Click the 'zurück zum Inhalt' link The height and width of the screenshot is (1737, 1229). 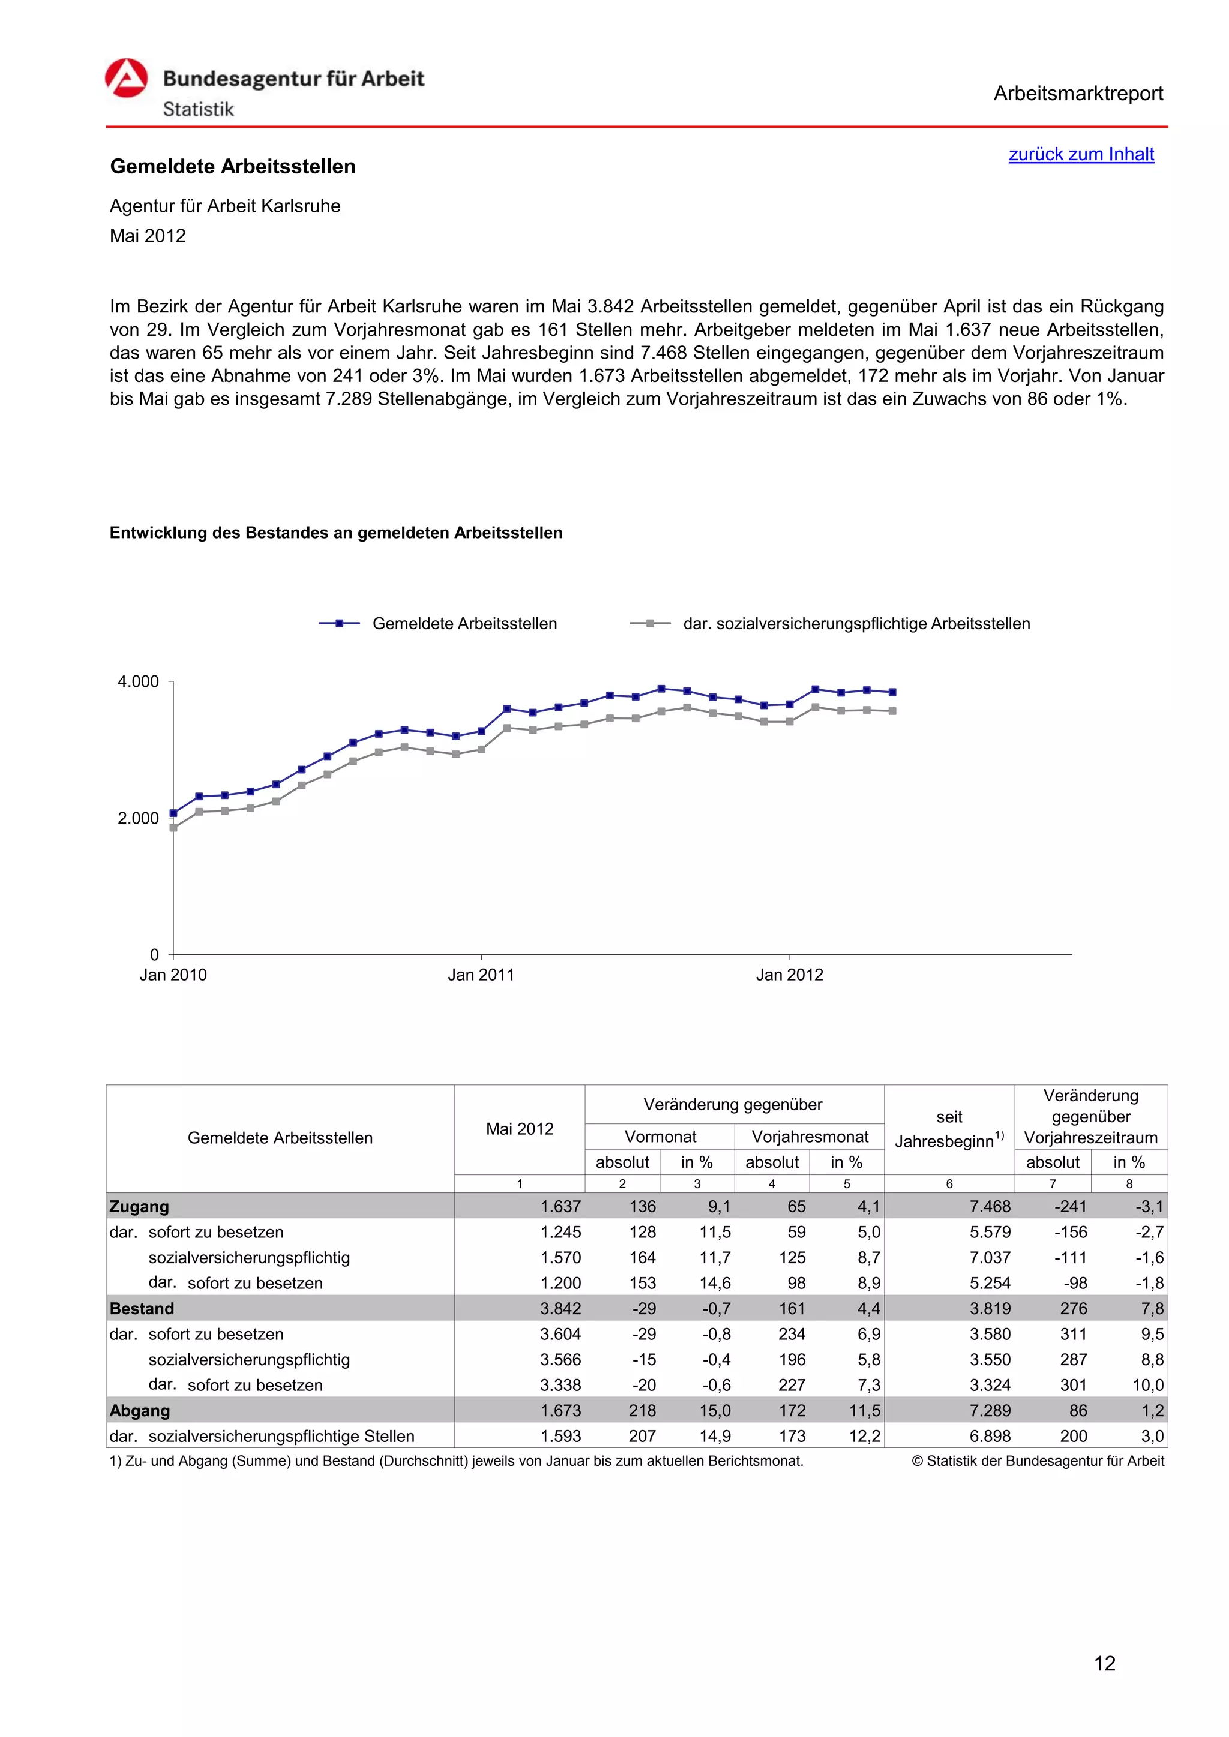(1081, 154)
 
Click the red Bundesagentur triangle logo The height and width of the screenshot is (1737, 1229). (127, 78)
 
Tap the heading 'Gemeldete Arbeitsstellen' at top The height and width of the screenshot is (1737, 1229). (232, 166)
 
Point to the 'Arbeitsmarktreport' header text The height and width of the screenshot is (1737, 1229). (1078, 94)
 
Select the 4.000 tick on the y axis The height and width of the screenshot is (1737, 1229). (138, 681)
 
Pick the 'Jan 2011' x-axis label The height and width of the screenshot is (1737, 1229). (481, 975)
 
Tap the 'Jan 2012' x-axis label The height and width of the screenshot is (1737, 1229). (789, 975)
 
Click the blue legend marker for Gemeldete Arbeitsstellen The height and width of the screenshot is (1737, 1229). (339, 623)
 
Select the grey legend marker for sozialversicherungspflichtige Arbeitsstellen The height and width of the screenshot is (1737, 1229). (650, 623)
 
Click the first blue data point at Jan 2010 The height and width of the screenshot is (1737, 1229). (173, 813)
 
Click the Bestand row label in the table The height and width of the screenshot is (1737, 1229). (142, 1308)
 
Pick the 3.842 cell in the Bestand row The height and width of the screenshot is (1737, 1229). (560, 1308)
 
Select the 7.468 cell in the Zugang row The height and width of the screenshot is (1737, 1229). (990, 1207)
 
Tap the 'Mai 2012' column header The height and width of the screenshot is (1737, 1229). (519, 1129)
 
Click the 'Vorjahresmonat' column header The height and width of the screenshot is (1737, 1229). (809, 1137)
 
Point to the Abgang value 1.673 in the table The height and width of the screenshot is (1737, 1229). (560, 1410)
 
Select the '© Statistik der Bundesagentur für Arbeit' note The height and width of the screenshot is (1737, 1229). (1038, 1461)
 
